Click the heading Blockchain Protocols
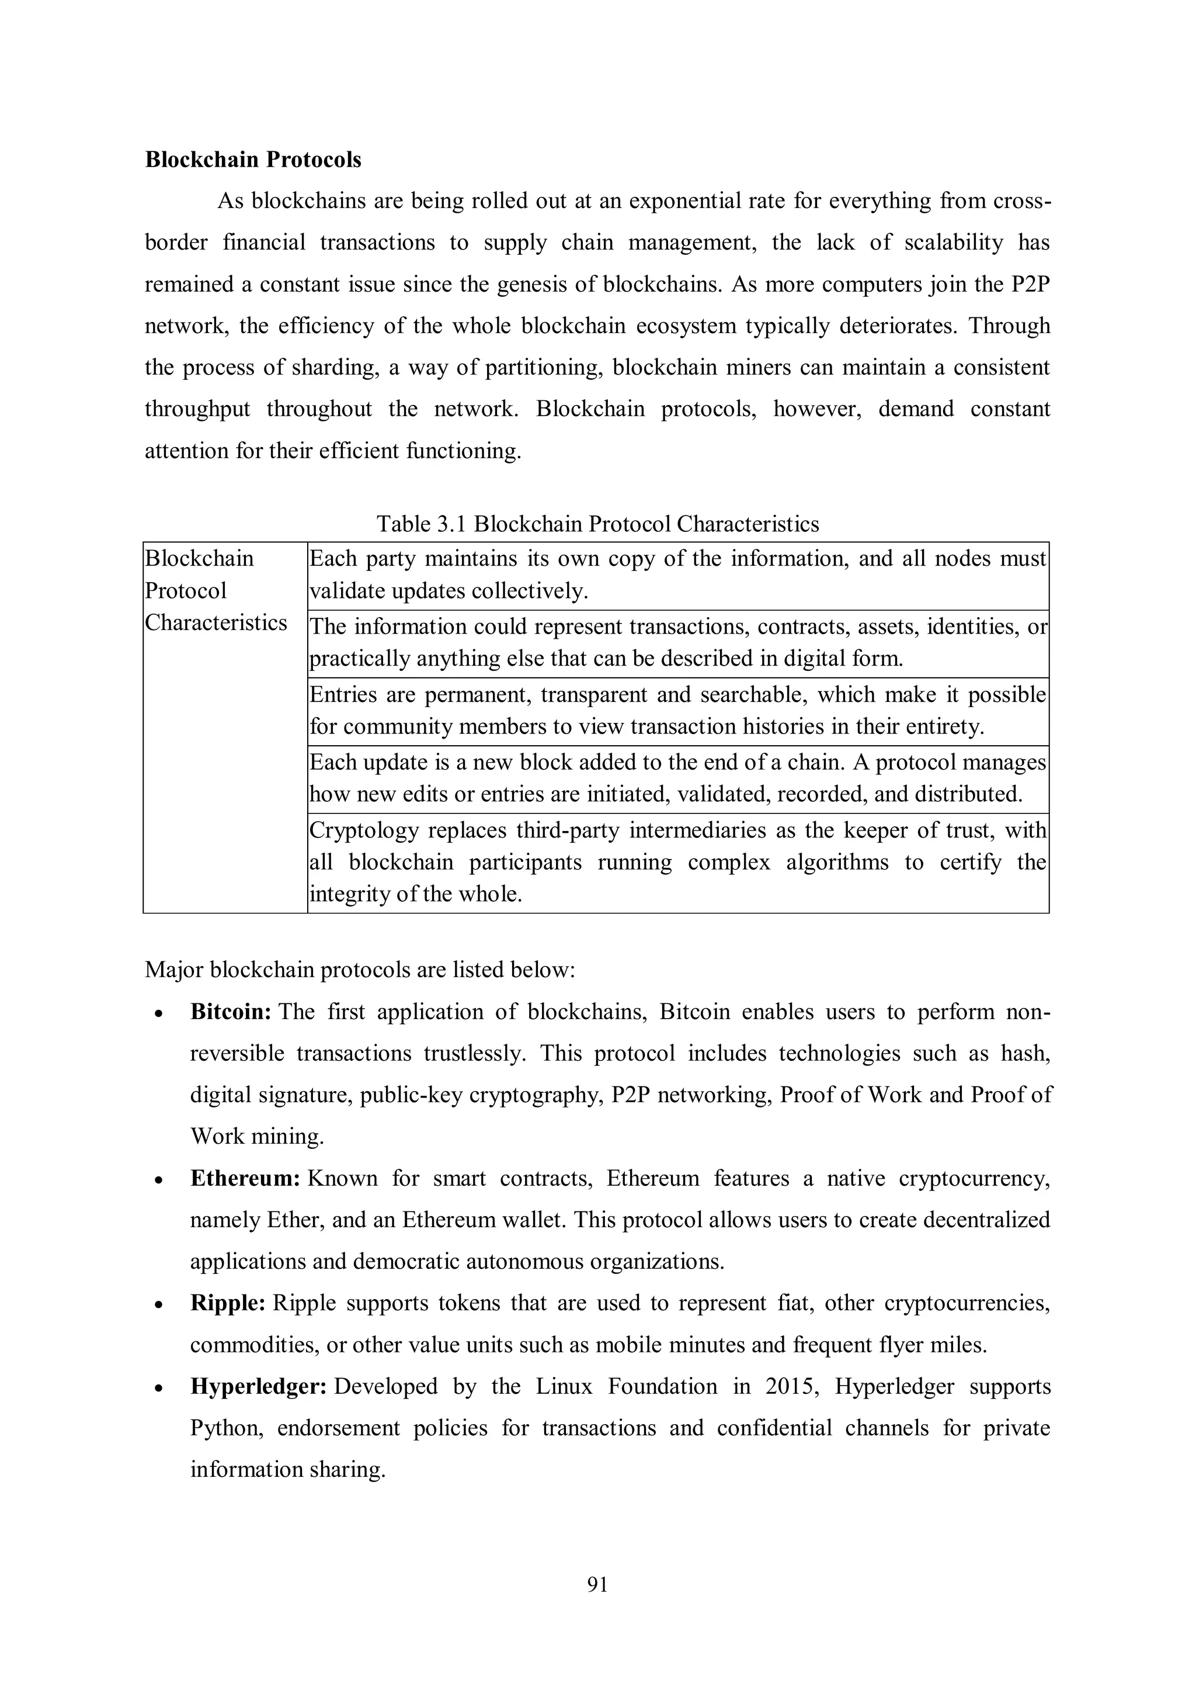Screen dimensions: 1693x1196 click(253, 160)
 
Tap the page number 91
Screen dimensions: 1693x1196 click(597, 1584)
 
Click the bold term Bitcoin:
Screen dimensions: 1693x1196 click(231, 1012)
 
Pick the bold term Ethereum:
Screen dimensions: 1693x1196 click(245, 1178)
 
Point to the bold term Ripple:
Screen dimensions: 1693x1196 click(228, 1303)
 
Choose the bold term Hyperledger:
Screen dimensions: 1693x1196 click(259, 1386)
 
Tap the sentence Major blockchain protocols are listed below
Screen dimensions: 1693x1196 click(360, 970)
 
